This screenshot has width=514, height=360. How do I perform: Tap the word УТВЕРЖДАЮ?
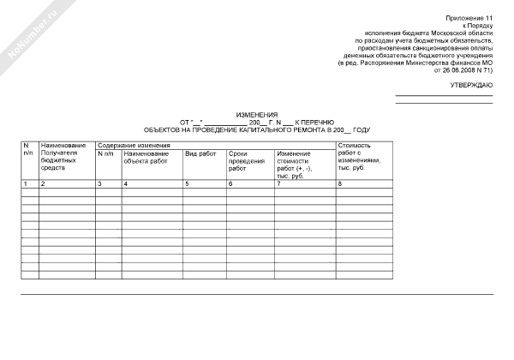[x=471, y=87]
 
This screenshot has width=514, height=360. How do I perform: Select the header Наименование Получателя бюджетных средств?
[x=63, y=157]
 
